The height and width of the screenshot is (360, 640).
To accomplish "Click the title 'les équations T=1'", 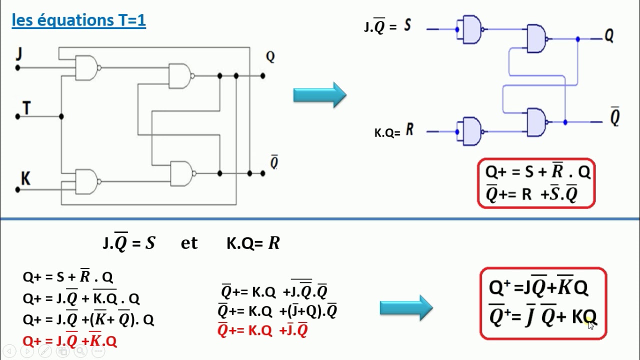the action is (x=78, y=20).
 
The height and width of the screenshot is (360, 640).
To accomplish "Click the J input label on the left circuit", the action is (x=19, y=53).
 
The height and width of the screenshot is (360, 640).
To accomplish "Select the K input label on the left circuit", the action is (x=25, y=178).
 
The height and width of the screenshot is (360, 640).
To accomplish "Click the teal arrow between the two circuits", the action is (x=319, y=95).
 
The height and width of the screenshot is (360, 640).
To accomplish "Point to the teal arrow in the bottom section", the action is (x=406, y=307).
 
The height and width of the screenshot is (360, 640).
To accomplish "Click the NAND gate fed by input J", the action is (x=87, y=67).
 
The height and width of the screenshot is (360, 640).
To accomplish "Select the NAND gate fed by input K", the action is (x=87, y=181).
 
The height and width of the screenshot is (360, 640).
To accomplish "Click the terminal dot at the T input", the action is (x=17, y=116).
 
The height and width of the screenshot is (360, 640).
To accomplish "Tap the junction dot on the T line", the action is (x=61, y=116).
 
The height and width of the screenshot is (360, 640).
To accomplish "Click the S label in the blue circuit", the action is (x=407, y=25).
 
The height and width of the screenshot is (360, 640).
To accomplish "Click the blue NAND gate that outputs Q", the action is (x=537, y=38).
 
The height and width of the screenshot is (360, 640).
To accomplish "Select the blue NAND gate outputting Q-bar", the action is (x=537, y=122).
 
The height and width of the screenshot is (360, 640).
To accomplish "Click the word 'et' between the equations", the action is (x=189, y=243).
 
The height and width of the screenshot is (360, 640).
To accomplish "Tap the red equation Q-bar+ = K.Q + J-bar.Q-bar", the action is (x=262, y=329).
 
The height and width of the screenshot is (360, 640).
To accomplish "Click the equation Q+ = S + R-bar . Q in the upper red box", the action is (x=537, y=171).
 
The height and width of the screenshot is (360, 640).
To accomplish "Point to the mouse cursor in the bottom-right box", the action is (x=591, y=325).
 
